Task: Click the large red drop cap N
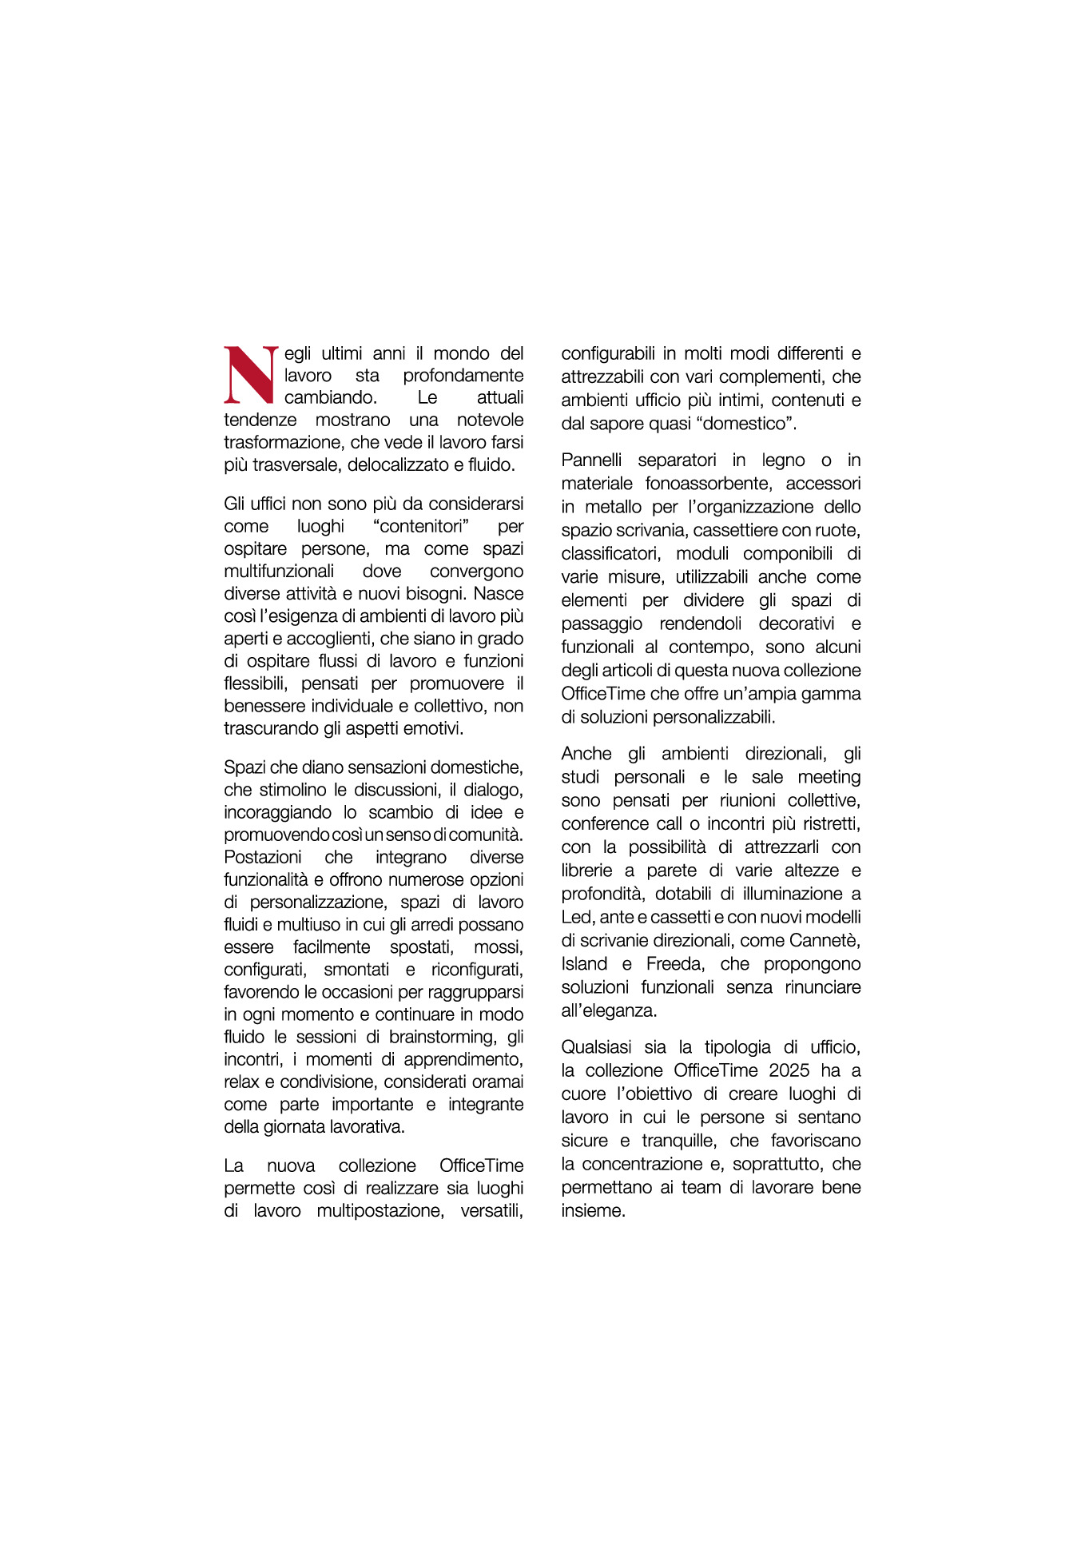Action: pyautogui.click(x=250, y=375)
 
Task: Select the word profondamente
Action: pyautogui.click(x=463, y=376)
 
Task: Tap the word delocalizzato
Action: pyautogui.click(x=397, y=465)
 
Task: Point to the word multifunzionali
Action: pyautogui.click(x=279, y=572)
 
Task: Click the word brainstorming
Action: pyautogui.click(x=442, y=1038)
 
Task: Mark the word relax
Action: pyautogui.click(x=241, y=1082)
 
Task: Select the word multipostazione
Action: pyautogui.click(x=380, y=1211)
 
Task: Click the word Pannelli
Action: pyautogui.click(x=591, y=460)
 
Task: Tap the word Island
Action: pyautogui.click(x=585, y=964)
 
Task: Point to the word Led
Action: pyautogui.click(x=576, y=918)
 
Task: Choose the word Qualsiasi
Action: pyautogui.click(x=596, y=1048)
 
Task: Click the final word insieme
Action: pyautogui.click(x=592, y=1211)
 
